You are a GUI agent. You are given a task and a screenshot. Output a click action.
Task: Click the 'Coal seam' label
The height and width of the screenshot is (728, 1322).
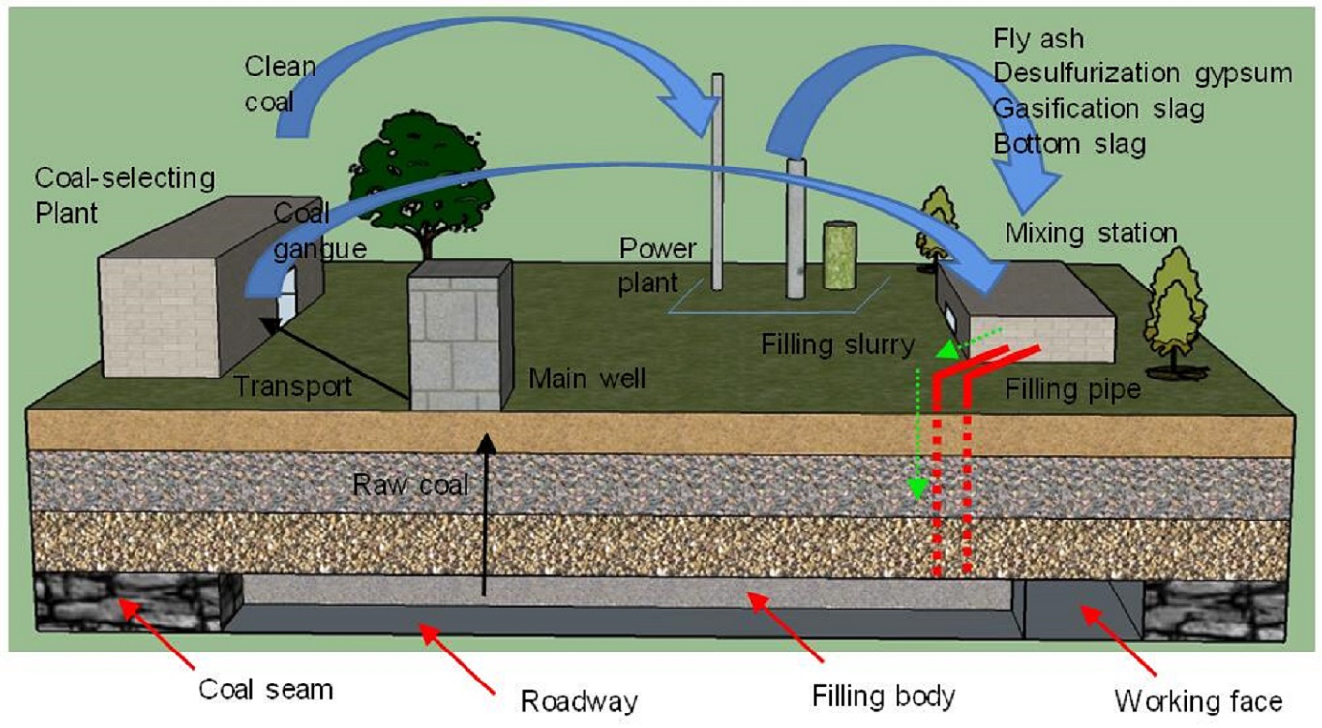(265, 689)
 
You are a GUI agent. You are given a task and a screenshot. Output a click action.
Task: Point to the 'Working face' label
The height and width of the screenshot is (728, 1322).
(1198, 700)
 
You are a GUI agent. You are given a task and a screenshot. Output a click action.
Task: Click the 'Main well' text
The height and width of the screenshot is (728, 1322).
(586, 378)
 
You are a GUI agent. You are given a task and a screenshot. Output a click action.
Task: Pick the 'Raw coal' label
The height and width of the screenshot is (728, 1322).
(410, 484)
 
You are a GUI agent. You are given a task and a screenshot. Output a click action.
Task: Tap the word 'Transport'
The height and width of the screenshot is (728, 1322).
(292, 386)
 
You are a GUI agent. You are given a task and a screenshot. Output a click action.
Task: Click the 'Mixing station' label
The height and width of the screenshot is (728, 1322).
(1091, 233)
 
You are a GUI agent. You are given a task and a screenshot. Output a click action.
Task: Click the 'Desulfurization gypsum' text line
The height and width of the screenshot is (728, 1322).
(1142, 74)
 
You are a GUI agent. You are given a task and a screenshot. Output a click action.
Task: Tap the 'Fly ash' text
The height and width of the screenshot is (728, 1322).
(1038, 39)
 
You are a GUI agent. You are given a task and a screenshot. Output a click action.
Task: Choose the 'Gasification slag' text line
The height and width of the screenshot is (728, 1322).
(1098, 108)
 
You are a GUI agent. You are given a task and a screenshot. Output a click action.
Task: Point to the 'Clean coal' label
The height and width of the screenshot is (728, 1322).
(280, 83)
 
